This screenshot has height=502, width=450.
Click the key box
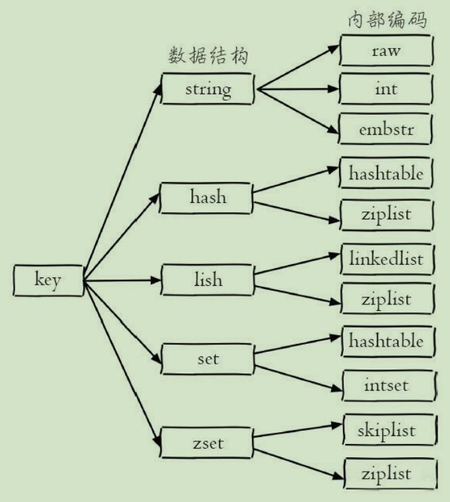pos(48,281)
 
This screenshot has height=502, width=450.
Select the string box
pos(207,88)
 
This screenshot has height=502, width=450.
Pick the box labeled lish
pos(207,280)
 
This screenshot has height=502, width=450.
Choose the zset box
pos(207,442)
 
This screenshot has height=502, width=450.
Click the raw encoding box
pos(386,51)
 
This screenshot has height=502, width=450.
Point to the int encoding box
pos(386,89)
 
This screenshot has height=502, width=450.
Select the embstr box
pos(386,129)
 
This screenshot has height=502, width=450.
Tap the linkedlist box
pos(386,258)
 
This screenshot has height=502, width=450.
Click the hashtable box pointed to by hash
pos(386,173)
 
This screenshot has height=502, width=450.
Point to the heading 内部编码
pos(387,20)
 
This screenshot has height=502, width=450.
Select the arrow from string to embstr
pos(297,109)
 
